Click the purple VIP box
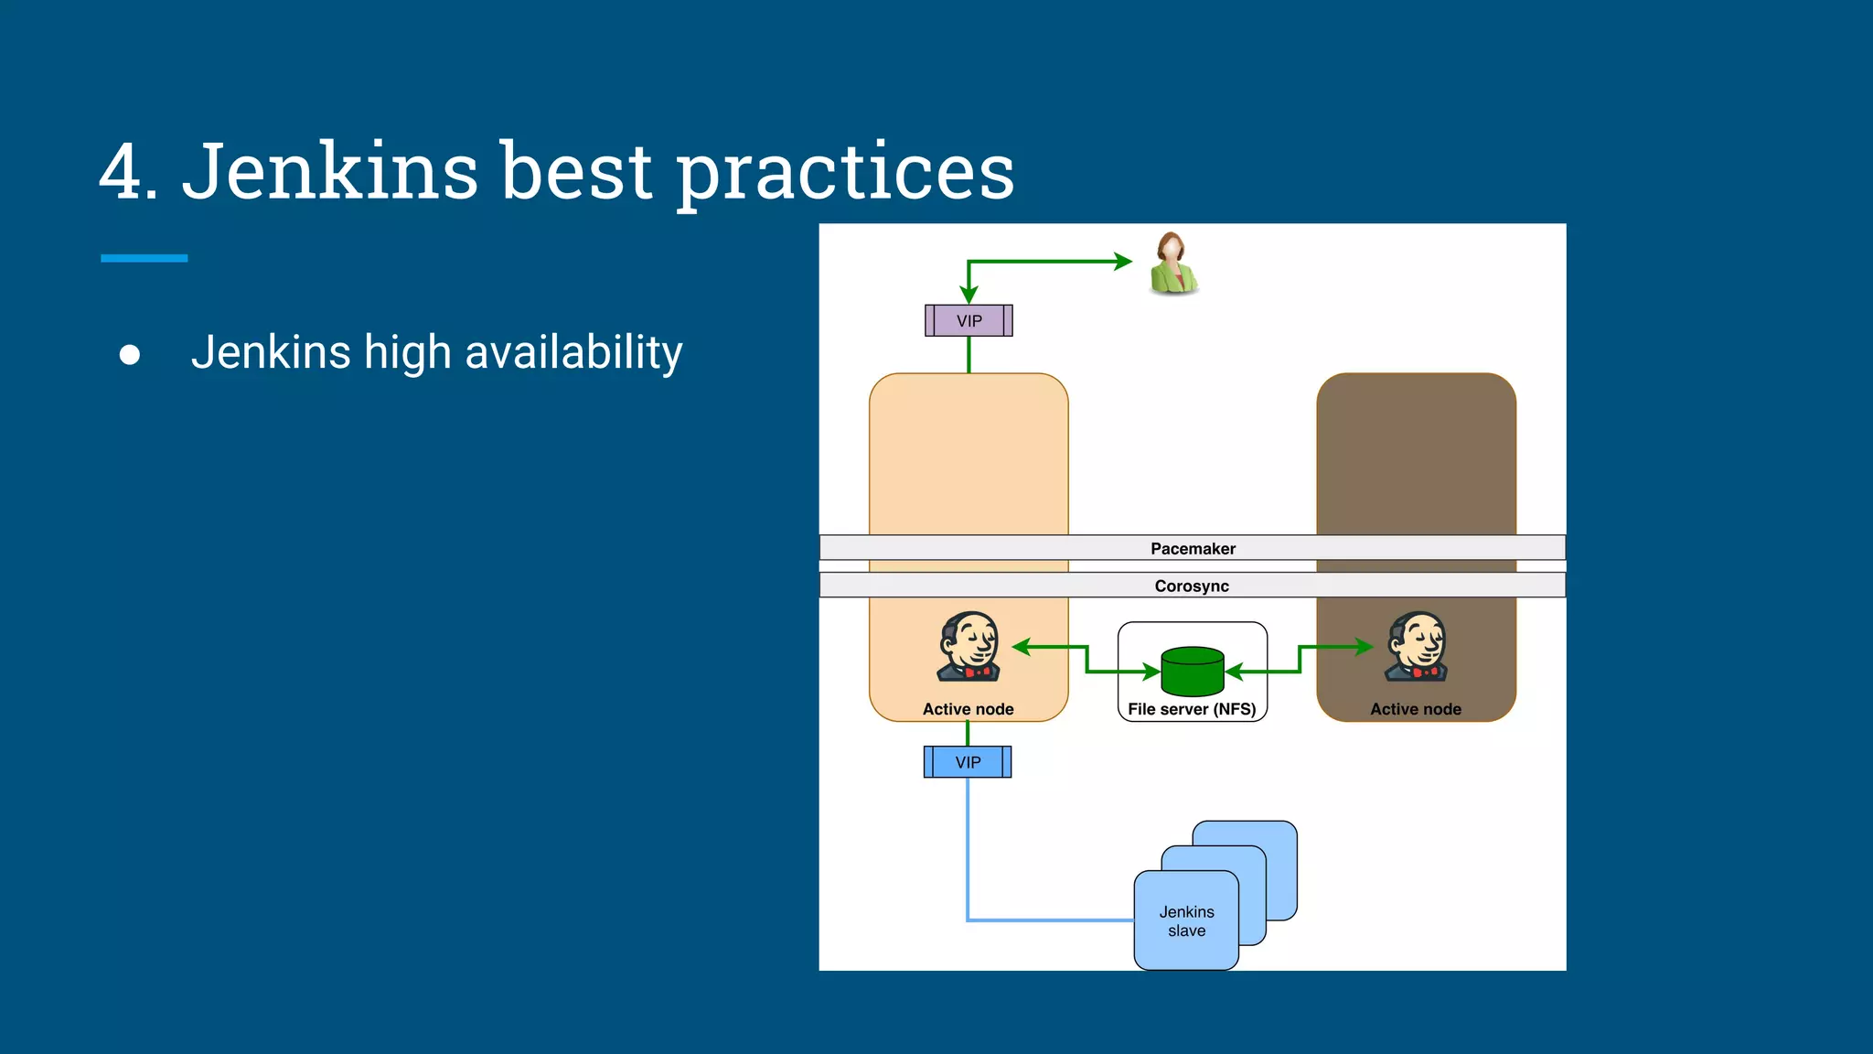969,321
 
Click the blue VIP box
968,762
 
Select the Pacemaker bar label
1193,549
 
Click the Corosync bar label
1192,586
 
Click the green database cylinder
1192,672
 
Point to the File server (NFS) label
1192,709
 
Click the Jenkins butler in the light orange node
969,647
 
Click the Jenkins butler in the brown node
1416,647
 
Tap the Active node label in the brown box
1416,709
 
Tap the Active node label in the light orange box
968,709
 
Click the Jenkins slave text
1186,921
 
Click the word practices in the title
845,174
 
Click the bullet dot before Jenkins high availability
130,355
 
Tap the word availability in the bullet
573,353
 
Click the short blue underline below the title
144,259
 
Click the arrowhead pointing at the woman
1124,262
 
